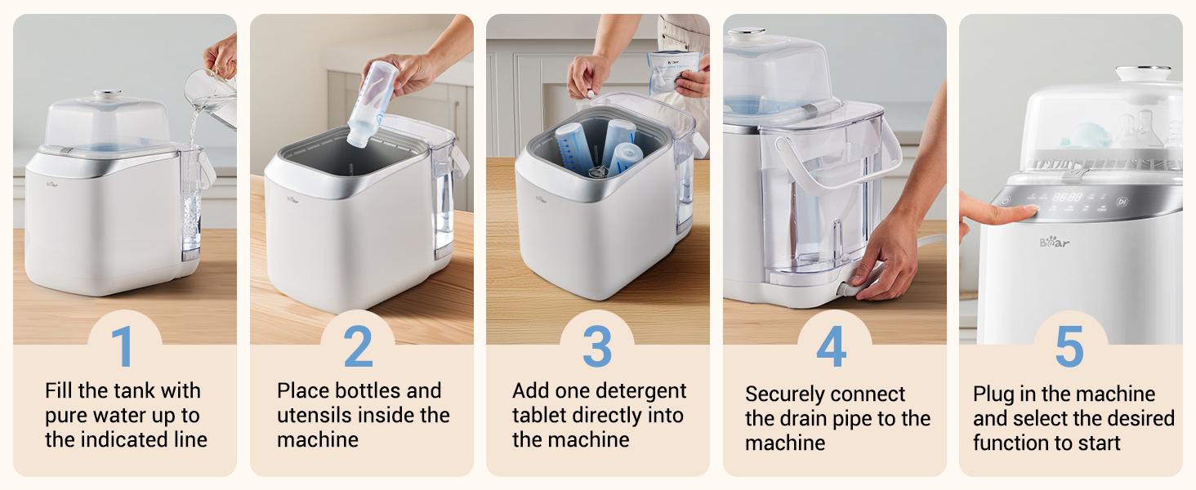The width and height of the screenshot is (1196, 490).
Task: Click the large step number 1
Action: click(x=123, y=346)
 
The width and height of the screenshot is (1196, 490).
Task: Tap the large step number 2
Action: click(x=358, y=346)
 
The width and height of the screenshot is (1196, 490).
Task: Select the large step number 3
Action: click(x=597, y=346)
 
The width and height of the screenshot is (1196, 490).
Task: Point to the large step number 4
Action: click(x=831, y=346)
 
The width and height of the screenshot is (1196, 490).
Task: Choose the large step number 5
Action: click(x=1069, y=346)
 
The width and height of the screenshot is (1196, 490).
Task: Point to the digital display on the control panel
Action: click(x=1066, y=197)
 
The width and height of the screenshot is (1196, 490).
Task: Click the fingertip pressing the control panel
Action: click(x=1022, y=212)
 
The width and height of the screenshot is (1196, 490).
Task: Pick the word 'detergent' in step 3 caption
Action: click(x=641, y=390)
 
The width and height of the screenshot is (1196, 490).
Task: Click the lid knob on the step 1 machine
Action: click(x=106, y=96)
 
